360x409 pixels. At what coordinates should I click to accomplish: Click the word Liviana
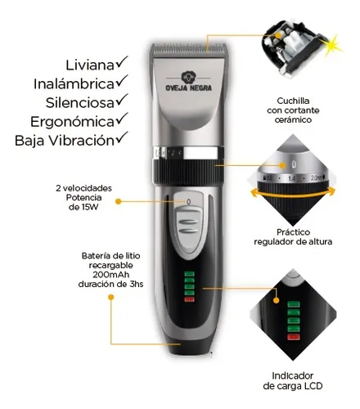90,65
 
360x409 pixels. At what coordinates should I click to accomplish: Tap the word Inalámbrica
74,84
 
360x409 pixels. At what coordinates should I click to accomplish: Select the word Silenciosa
79,103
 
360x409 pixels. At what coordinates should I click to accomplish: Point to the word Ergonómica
72,122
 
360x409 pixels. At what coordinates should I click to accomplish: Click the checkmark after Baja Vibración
122,137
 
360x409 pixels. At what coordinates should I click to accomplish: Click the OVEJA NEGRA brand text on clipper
189,88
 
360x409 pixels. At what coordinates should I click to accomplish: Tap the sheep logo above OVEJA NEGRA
188,78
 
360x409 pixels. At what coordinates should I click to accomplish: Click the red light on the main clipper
189,299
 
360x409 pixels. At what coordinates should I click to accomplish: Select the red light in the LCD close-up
294,336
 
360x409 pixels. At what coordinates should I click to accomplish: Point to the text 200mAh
111,275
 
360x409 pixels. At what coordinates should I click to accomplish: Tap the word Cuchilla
293,101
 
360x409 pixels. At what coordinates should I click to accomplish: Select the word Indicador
292,375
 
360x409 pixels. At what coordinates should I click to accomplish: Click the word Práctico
293,232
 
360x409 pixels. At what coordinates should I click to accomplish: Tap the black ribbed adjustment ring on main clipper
188,172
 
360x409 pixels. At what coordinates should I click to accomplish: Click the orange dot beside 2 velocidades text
118,201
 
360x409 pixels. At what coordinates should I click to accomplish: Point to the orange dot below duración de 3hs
110,297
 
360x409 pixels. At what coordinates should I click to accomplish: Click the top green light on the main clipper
189,274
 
